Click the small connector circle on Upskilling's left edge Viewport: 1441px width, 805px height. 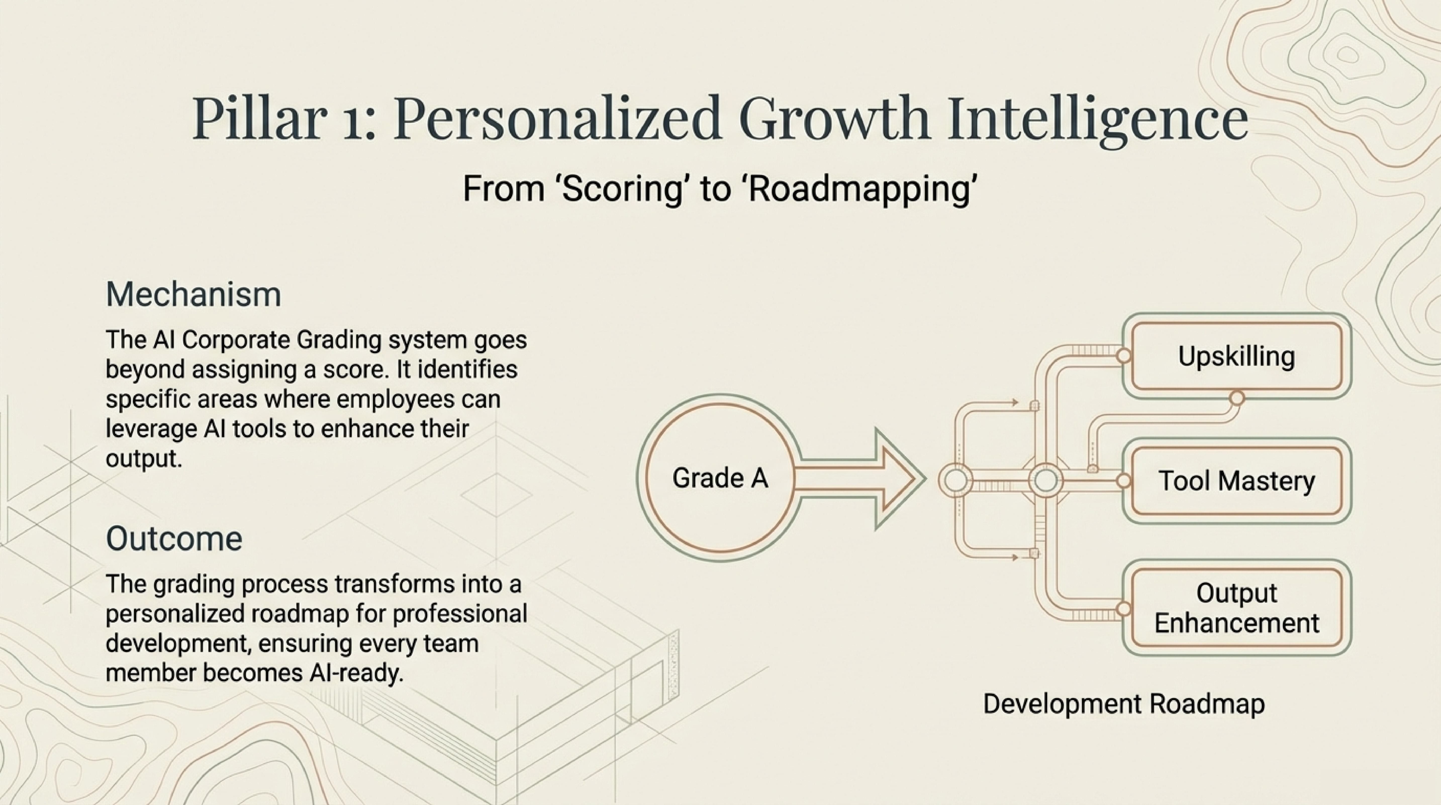coord(1123,356)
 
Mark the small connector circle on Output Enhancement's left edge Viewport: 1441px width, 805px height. coord(1123,609)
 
